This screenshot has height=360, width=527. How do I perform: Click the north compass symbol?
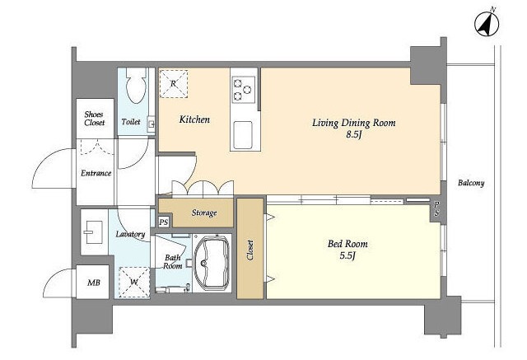pos(487,24)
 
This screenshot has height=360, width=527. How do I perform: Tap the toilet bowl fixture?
pos(137,85)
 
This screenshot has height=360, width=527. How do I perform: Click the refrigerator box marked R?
pos(174,84)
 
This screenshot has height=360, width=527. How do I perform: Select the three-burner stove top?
pos(244,90)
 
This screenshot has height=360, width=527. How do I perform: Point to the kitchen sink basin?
pos(243,135)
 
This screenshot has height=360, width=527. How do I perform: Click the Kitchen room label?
pos(194,119)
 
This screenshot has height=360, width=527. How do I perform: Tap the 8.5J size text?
pos(354,134)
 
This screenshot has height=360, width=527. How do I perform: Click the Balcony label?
pos(471,183)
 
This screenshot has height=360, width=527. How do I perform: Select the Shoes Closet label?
pos(94,119)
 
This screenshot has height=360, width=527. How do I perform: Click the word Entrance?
pos(96,173)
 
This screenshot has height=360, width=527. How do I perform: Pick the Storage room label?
pos(204,213)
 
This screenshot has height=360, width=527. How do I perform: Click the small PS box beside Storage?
pos(164,222)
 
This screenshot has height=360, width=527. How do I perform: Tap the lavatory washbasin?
pos(93,232)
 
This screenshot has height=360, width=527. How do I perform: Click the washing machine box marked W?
pos(134,282)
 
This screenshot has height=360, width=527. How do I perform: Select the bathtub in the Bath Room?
pos(212,263)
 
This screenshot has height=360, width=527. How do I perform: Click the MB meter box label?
pos(93,283)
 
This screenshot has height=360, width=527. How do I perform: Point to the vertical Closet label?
pos(250,250)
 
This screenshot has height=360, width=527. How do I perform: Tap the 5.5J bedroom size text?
pos(347,256)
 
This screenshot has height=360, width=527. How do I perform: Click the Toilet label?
pos(131,122)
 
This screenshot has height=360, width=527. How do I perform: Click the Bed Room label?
pos(347,243)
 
